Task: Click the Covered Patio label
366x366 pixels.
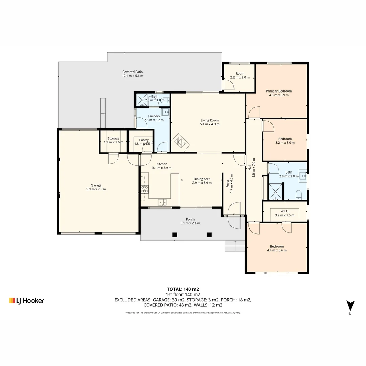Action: [x=133, y=72]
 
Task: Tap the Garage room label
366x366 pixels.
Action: [x=96, y=185]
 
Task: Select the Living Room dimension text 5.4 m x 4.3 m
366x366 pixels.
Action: [x=210, y=124]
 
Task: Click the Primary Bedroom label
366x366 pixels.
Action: [x=279, y=91]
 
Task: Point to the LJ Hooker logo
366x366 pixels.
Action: [x=27, y=301]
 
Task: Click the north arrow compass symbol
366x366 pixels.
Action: [x=350, y=306]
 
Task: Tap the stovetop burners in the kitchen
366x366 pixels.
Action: [x=144, y=189]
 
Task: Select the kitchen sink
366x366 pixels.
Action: [x=162, y=202]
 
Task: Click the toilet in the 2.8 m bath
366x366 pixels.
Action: [x=299, y=195]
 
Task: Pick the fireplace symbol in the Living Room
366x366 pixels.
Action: [x=180, y=142]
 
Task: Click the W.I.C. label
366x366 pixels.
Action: [x=285, y=211]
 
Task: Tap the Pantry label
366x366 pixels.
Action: [x=144, y=140]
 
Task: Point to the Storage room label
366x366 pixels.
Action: [x=114, y=138]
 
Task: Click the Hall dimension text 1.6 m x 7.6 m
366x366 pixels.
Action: [x=253, y=168]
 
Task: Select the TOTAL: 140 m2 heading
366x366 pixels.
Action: [x=183, y=289]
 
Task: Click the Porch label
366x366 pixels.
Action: [x=190, y=219]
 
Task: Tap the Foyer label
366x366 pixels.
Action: [x=228, y=183]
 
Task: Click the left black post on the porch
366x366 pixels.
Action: [x=175, y=235]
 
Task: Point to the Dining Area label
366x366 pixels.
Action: [x=202, y=179]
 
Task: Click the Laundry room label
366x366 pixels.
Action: [x=154, y=116]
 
